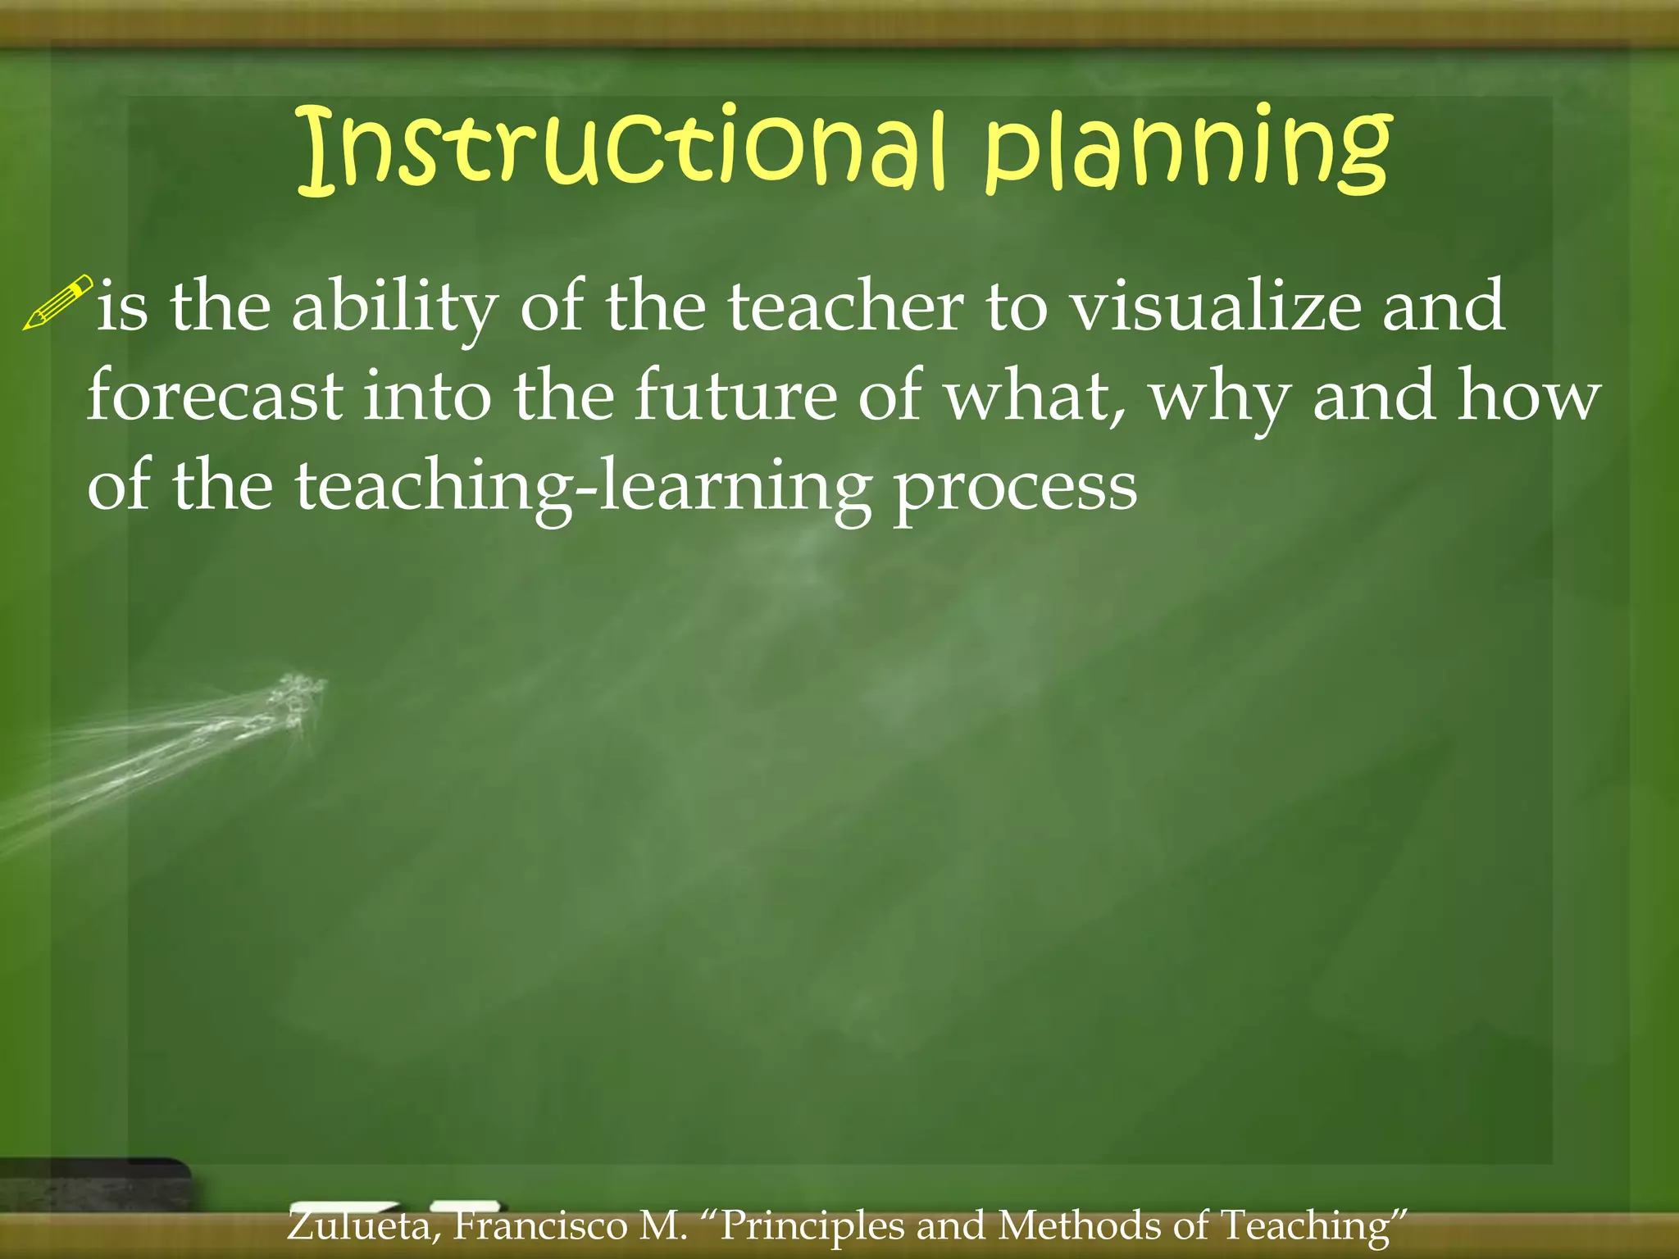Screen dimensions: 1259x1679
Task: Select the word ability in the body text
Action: [394, 308]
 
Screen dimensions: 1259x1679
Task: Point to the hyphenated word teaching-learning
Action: [583, 488]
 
